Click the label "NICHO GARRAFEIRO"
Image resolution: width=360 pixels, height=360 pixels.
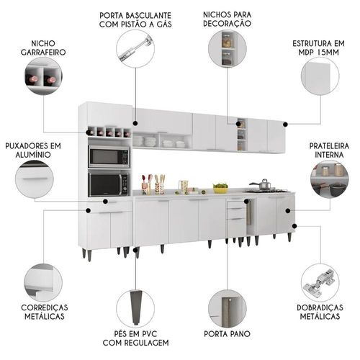43,48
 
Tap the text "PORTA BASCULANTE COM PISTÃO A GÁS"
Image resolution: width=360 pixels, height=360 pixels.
135,19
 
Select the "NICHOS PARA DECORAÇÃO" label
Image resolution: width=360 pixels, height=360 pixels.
228,19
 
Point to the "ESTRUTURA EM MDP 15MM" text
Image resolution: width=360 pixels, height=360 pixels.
318,48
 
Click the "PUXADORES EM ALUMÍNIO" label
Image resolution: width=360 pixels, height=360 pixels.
33,150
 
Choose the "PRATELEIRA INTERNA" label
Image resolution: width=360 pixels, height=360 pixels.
329,150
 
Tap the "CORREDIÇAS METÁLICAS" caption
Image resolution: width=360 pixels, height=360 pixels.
45,312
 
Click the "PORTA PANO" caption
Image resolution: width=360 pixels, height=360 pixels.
227,333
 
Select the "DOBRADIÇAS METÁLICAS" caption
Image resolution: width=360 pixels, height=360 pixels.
320,312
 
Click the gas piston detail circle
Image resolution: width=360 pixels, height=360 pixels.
135,49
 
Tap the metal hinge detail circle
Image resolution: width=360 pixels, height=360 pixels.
320,283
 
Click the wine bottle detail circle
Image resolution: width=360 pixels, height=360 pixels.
43,76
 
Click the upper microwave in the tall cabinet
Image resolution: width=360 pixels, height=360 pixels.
109,157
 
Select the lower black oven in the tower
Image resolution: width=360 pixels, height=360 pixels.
109,184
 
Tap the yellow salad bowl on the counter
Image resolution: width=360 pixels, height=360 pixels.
220,188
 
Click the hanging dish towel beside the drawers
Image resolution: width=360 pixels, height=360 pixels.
250,212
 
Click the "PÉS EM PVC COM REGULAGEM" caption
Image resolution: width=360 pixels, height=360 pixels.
135,338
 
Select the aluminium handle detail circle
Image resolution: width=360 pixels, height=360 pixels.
35,179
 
